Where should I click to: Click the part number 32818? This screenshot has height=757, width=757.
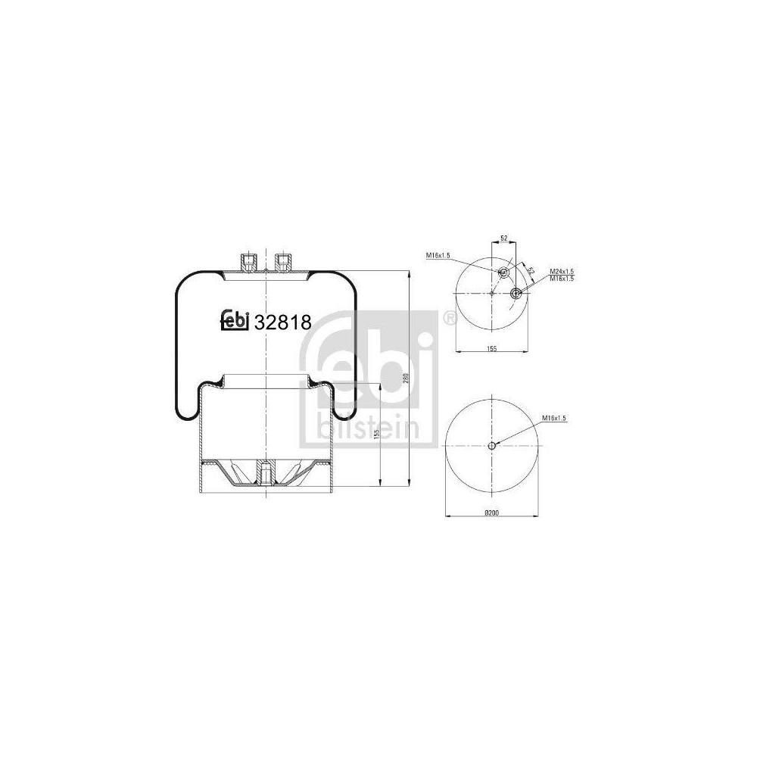(283, 322)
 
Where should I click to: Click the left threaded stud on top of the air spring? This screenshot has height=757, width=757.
(248, 263)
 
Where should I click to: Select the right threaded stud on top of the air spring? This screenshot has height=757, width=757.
(283, 262)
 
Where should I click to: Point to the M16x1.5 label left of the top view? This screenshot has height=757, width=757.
(438, 256)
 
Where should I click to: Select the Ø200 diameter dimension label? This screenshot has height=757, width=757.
(491, 512)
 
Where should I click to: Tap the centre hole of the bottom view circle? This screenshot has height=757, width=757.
(491, 446)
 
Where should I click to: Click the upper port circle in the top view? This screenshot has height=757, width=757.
(503, 272)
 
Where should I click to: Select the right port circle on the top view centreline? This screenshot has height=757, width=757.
(516, 294)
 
